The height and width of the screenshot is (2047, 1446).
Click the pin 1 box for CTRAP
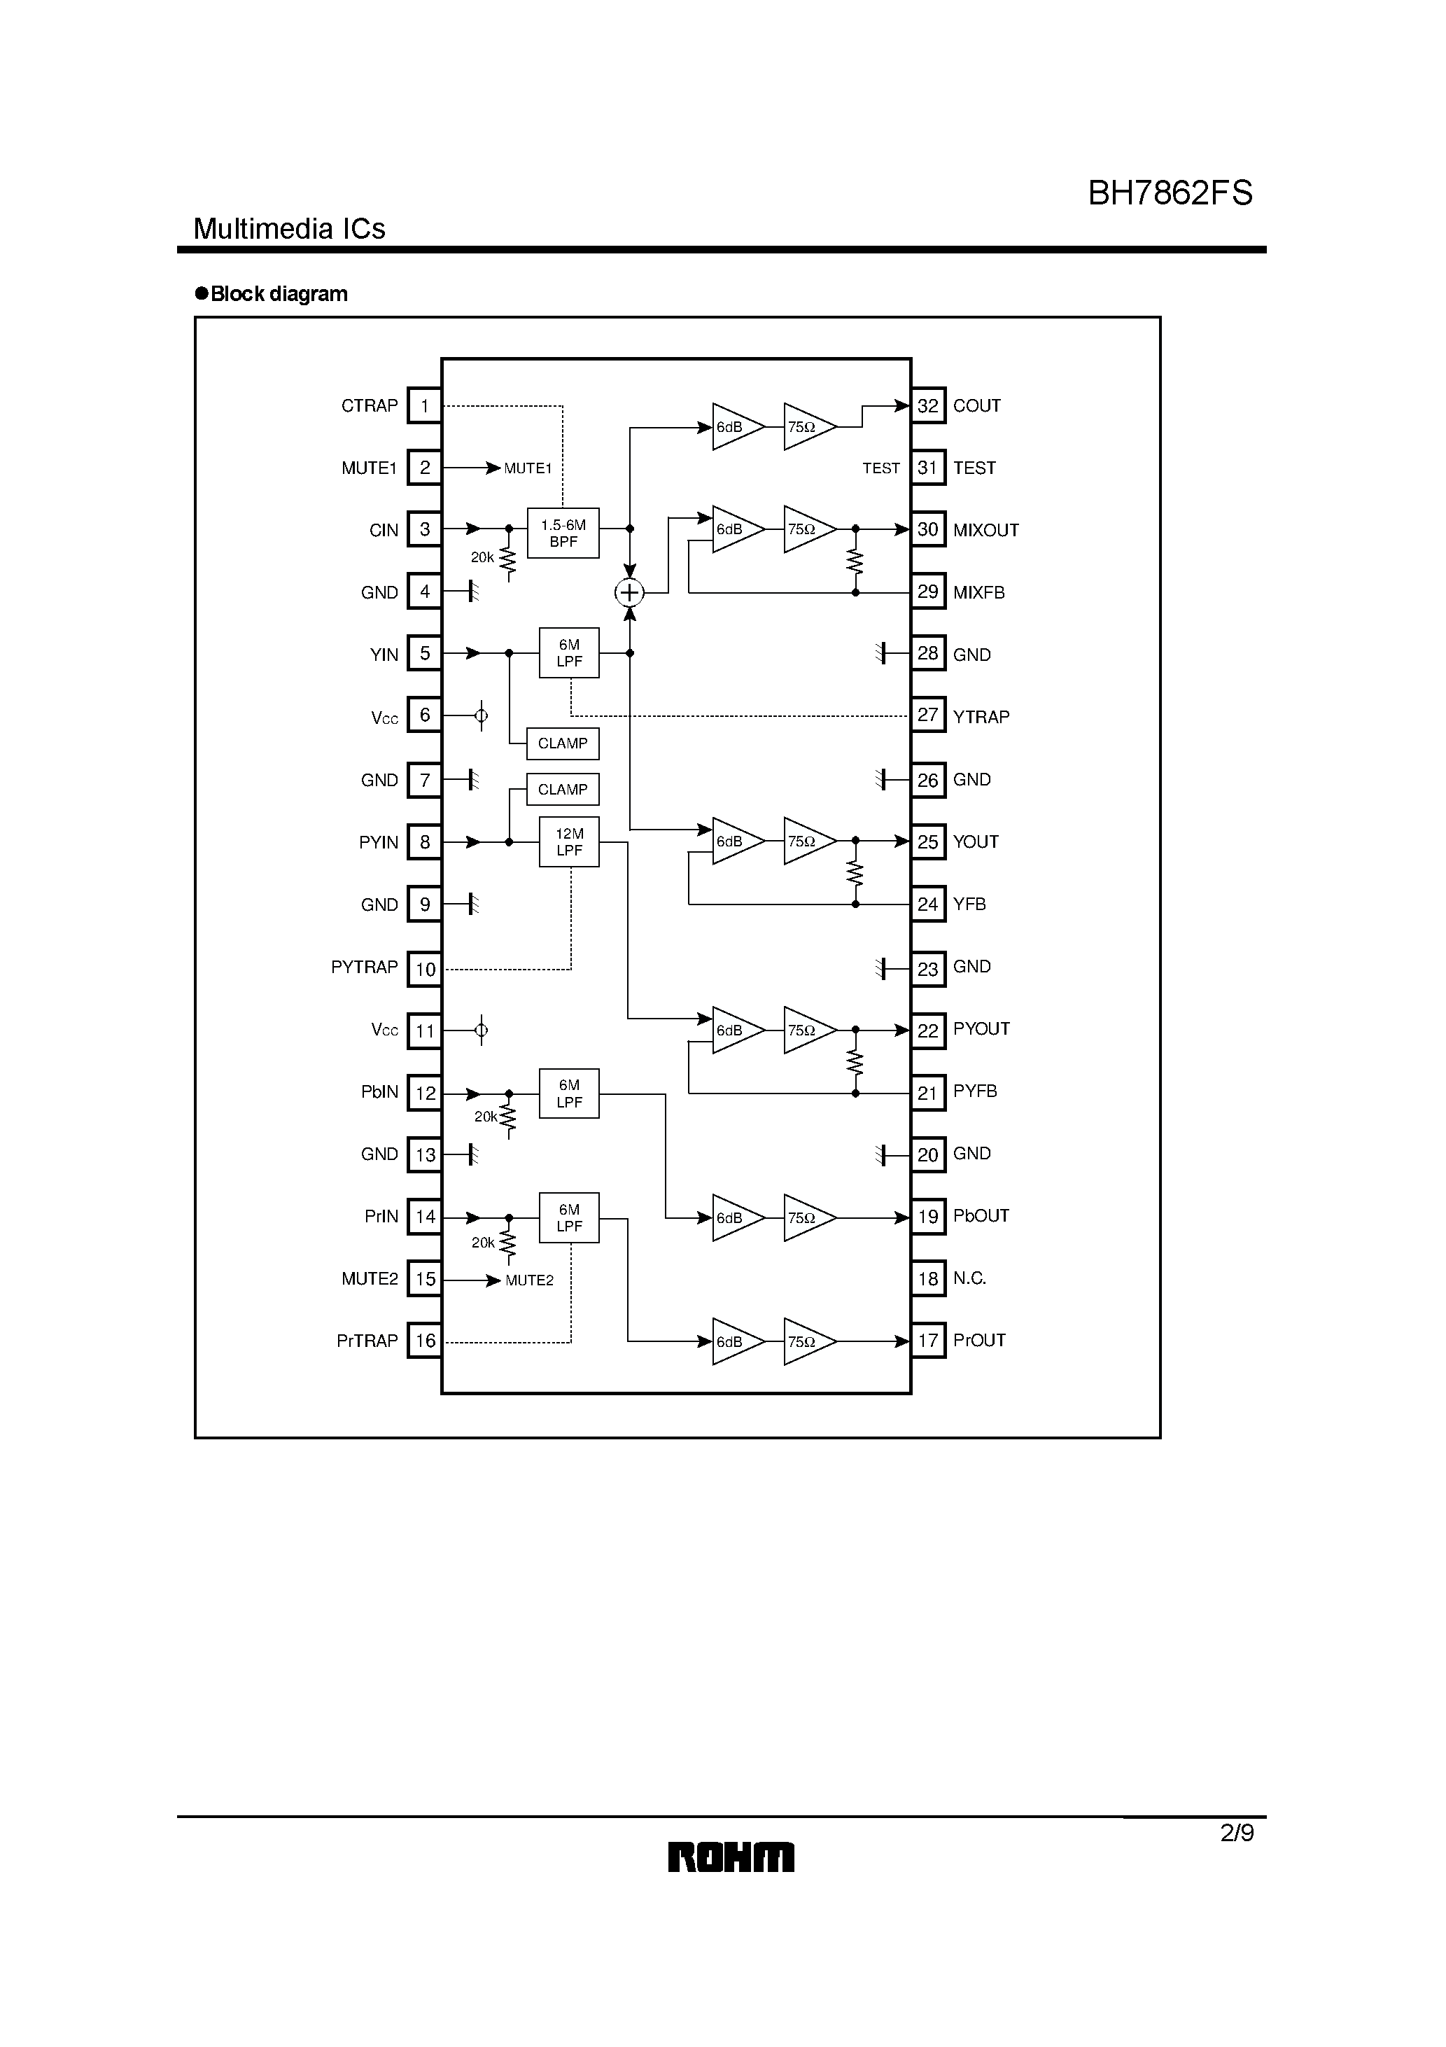coord(424,405)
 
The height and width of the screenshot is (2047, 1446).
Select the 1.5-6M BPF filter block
coord(563,533)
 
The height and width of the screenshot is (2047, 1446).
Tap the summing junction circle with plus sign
coord(629,592)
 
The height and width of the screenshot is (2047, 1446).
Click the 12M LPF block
coord(569,841)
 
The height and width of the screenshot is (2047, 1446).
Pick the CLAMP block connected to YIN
coord(563,743)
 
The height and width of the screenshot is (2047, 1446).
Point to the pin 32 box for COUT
coord(928,405)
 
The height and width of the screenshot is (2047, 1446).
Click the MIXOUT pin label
coord(985,531)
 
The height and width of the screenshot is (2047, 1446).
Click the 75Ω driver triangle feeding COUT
coord(808,427)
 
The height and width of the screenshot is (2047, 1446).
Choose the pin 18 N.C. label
coord(969,1278)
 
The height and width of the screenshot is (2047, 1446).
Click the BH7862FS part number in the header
coord(1170,193)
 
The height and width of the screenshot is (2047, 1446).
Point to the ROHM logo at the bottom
coord(731,1857)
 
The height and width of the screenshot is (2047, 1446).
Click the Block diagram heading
coord(278,294)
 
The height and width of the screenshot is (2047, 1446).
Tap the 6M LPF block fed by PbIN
coord(569,1093)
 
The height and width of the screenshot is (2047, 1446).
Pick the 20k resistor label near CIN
coord(482,557)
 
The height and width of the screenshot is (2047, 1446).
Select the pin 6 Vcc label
coord(384,718)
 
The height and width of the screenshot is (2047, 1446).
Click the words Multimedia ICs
coord(289,229)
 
